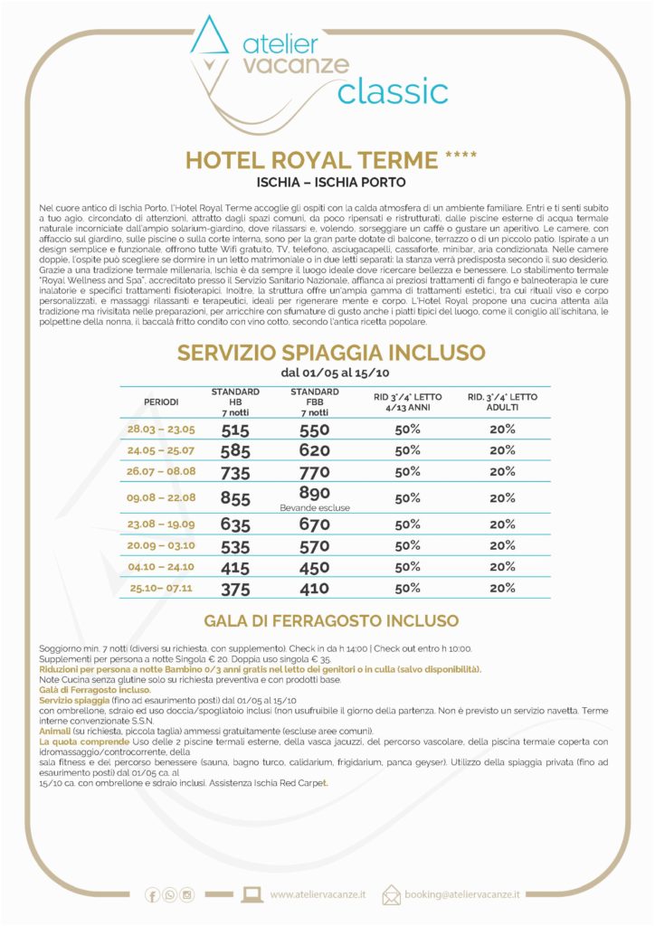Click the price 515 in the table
[x=235, y=430]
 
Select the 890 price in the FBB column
[x=314, y=493]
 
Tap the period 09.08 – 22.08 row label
[x=162, y=497]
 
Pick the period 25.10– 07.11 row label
[x=162, y=588]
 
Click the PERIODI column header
[x=162, y=401]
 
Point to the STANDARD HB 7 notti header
[x=235, y=401]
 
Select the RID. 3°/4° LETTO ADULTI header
[x=502, y=401]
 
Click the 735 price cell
[x=235, y=471]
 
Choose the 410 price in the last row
[x=314, y=588]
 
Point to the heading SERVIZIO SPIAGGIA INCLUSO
[x=331, y=353]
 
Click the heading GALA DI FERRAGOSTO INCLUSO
[x=331, y=621]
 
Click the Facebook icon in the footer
[x=152, y=895]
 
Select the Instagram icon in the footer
[x=187, y=895]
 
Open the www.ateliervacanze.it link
[x=318, y=895]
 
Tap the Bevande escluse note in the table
[x=314, y=508]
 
